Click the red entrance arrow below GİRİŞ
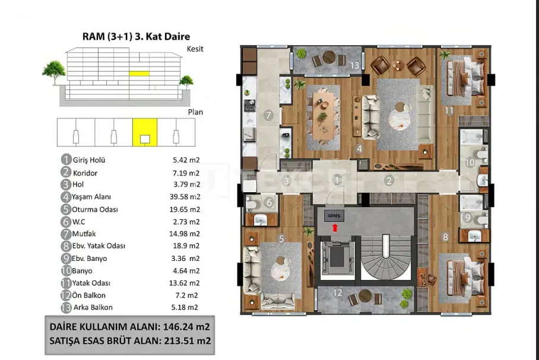[335, 228]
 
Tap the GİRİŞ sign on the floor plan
[334, 216]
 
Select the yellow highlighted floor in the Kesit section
[139, 73]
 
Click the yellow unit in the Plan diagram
[145, 132]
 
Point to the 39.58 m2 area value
[185, 197]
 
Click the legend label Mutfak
[84, 234]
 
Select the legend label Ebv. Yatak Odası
[99, 246]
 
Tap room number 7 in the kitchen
[268, 115]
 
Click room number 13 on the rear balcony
[354, 65]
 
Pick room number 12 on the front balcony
[337, 292]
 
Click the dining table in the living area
[322, 114]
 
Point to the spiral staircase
[386, 257]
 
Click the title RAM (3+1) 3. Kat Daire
[136, 36]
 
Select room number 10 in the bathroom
[470, 162]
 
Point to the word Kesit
[195, 49]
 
